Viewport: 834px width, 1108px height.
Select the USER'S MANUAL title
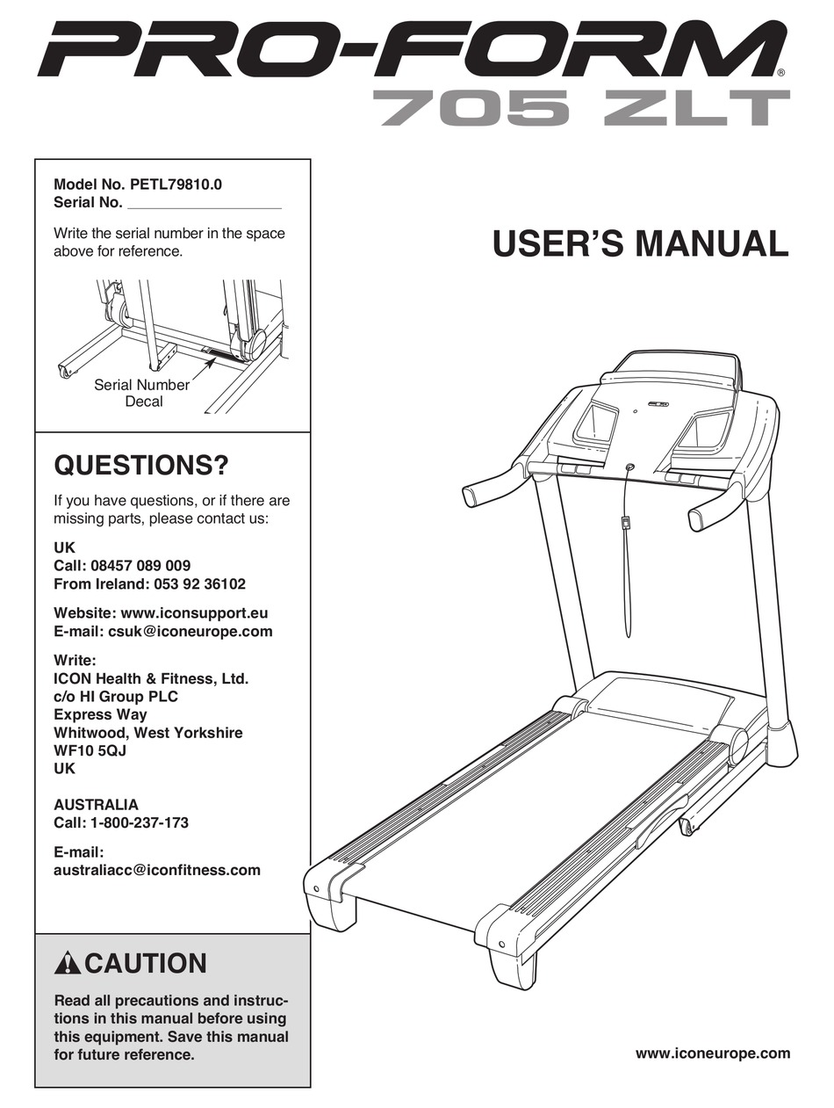click(640, 243)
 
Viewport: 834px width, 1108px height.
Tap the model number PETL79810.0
click(176, 185)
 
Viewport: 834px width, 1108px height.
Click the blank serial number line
click(204, 203)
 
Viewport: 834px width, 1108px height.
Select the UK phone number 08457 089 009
click(140, 566)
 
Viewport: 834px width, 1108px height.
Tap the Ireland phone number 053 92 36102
click(190, 583)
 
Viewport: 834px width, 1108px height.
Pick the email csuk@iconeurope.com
click(190, 631)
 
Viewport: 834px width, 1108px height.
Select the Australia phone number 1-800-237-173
click(139, 822)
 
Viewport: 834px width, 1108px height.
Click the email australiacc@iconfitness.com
click(157, 870)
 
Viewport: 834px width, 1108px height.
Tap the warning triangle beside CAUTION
click(67, 964)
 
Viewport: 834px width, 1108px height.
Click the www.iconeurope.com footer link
click(711, 1053)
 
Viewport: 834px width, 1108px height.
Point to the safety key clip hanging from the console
click(625, 524)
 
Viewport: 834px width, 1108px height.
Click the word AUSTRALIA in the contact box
click(96, 804)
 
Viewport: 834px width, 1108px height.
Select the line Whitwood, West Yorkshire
click(148, 732)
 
